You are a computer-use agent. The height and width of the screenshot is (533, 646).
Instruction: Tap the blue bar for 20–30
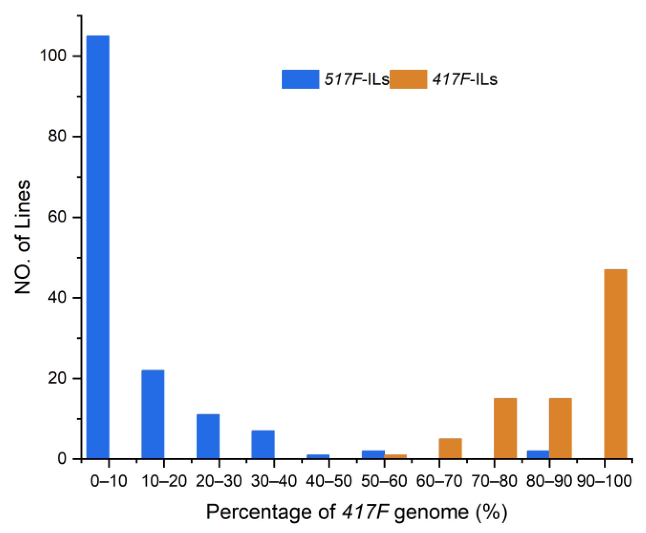[208, 436]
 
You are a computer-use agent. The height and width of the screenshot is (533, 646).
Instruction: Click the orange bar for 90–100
[615, 364]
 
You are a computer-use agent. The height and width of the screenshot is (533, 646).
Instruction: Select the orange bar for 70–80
[505, 428]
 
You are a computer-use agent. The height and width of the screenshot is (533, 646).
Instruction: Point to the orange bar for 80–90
[560, 428]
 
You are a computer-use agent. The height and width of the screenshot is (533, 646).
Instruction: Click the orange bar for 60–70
[450, 448]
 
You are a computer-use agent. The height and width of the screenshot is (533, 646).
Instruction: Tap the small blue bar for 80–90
[538, 454]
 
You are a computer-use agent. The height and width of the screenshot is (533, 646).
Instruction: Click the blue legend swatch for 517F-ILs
[300, 79]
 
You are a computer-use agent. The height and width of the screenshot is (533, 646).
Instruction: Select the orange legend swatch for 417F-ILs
[408, 79]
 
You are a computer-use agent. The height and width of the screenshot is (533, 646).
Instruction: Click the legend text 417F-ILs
[465, 79]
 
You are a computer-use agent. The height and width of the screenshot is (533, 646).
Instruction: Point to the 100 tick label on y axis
[53, 56]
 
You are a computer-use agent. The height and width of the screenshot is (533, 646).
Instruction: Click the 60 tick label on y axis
[57, 217]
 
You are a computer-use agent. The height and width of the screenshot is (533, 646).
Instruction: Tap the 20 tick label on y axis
[57, 379]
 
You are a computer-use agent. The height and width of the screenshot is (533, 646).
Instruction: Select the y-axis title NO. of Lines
[23, 237]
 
